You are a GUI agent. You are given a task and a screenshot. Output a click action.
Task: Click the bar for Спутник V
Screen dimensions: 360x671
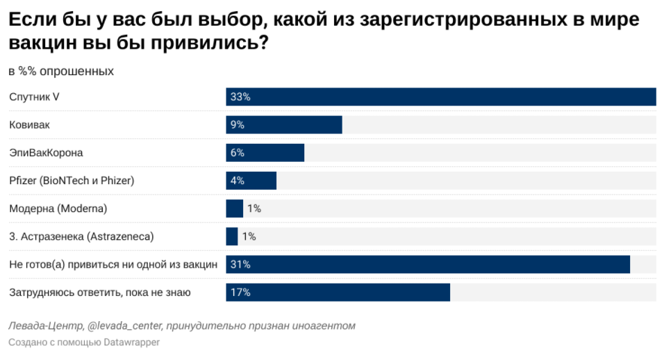[x=440, y=97]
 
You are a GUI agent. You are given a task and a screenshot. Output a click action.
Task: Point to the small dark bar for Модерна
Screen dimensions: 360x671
[x=235, y=208]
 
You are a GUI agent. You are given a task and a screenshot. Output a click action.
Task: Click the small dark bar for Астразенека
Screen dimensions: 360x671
[x=232, y=236]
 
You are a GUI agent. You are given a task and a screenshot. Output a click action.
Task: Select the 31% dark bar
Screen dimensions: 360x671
[x=428, y=265]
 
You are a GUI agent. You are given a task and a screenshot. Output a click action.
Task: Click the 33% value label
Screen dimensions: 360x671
[x=240, y=97]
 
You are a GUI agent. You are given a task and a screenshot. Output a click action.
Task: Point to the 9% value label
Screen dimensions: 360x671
[x=238, y=124]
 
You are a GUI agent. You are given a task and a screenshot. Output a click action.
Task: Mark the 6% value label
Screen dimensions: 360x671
[x=238, y=153]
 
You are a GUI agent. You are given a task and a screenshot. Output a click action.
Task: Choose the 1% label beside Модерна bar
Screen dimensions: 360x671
[x=254, y=208]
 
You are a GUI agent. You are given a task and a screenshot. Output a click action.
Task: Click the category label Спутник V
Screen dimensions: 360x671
[x=34, y=97]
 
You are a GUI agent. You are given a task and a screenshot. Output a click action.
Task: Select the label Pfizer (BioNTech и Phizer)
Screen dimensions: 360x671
[x=72, y=181]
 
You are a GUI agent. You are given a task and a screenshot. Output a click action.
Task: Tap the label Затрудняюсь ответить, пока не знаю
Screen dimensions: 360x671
[x=100, y=293]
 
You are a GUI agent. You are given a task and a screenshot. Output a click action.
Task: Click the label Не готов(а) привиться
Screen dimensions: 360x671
[x=113, y=265]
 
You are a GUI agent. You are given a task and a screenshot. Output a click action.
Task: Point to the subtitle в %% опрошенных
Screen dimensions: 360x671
[x=61, y=71]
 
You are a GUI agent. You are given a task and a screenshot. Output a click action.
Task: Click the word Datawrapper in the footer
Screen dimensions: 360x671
[x=132, y=343]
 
